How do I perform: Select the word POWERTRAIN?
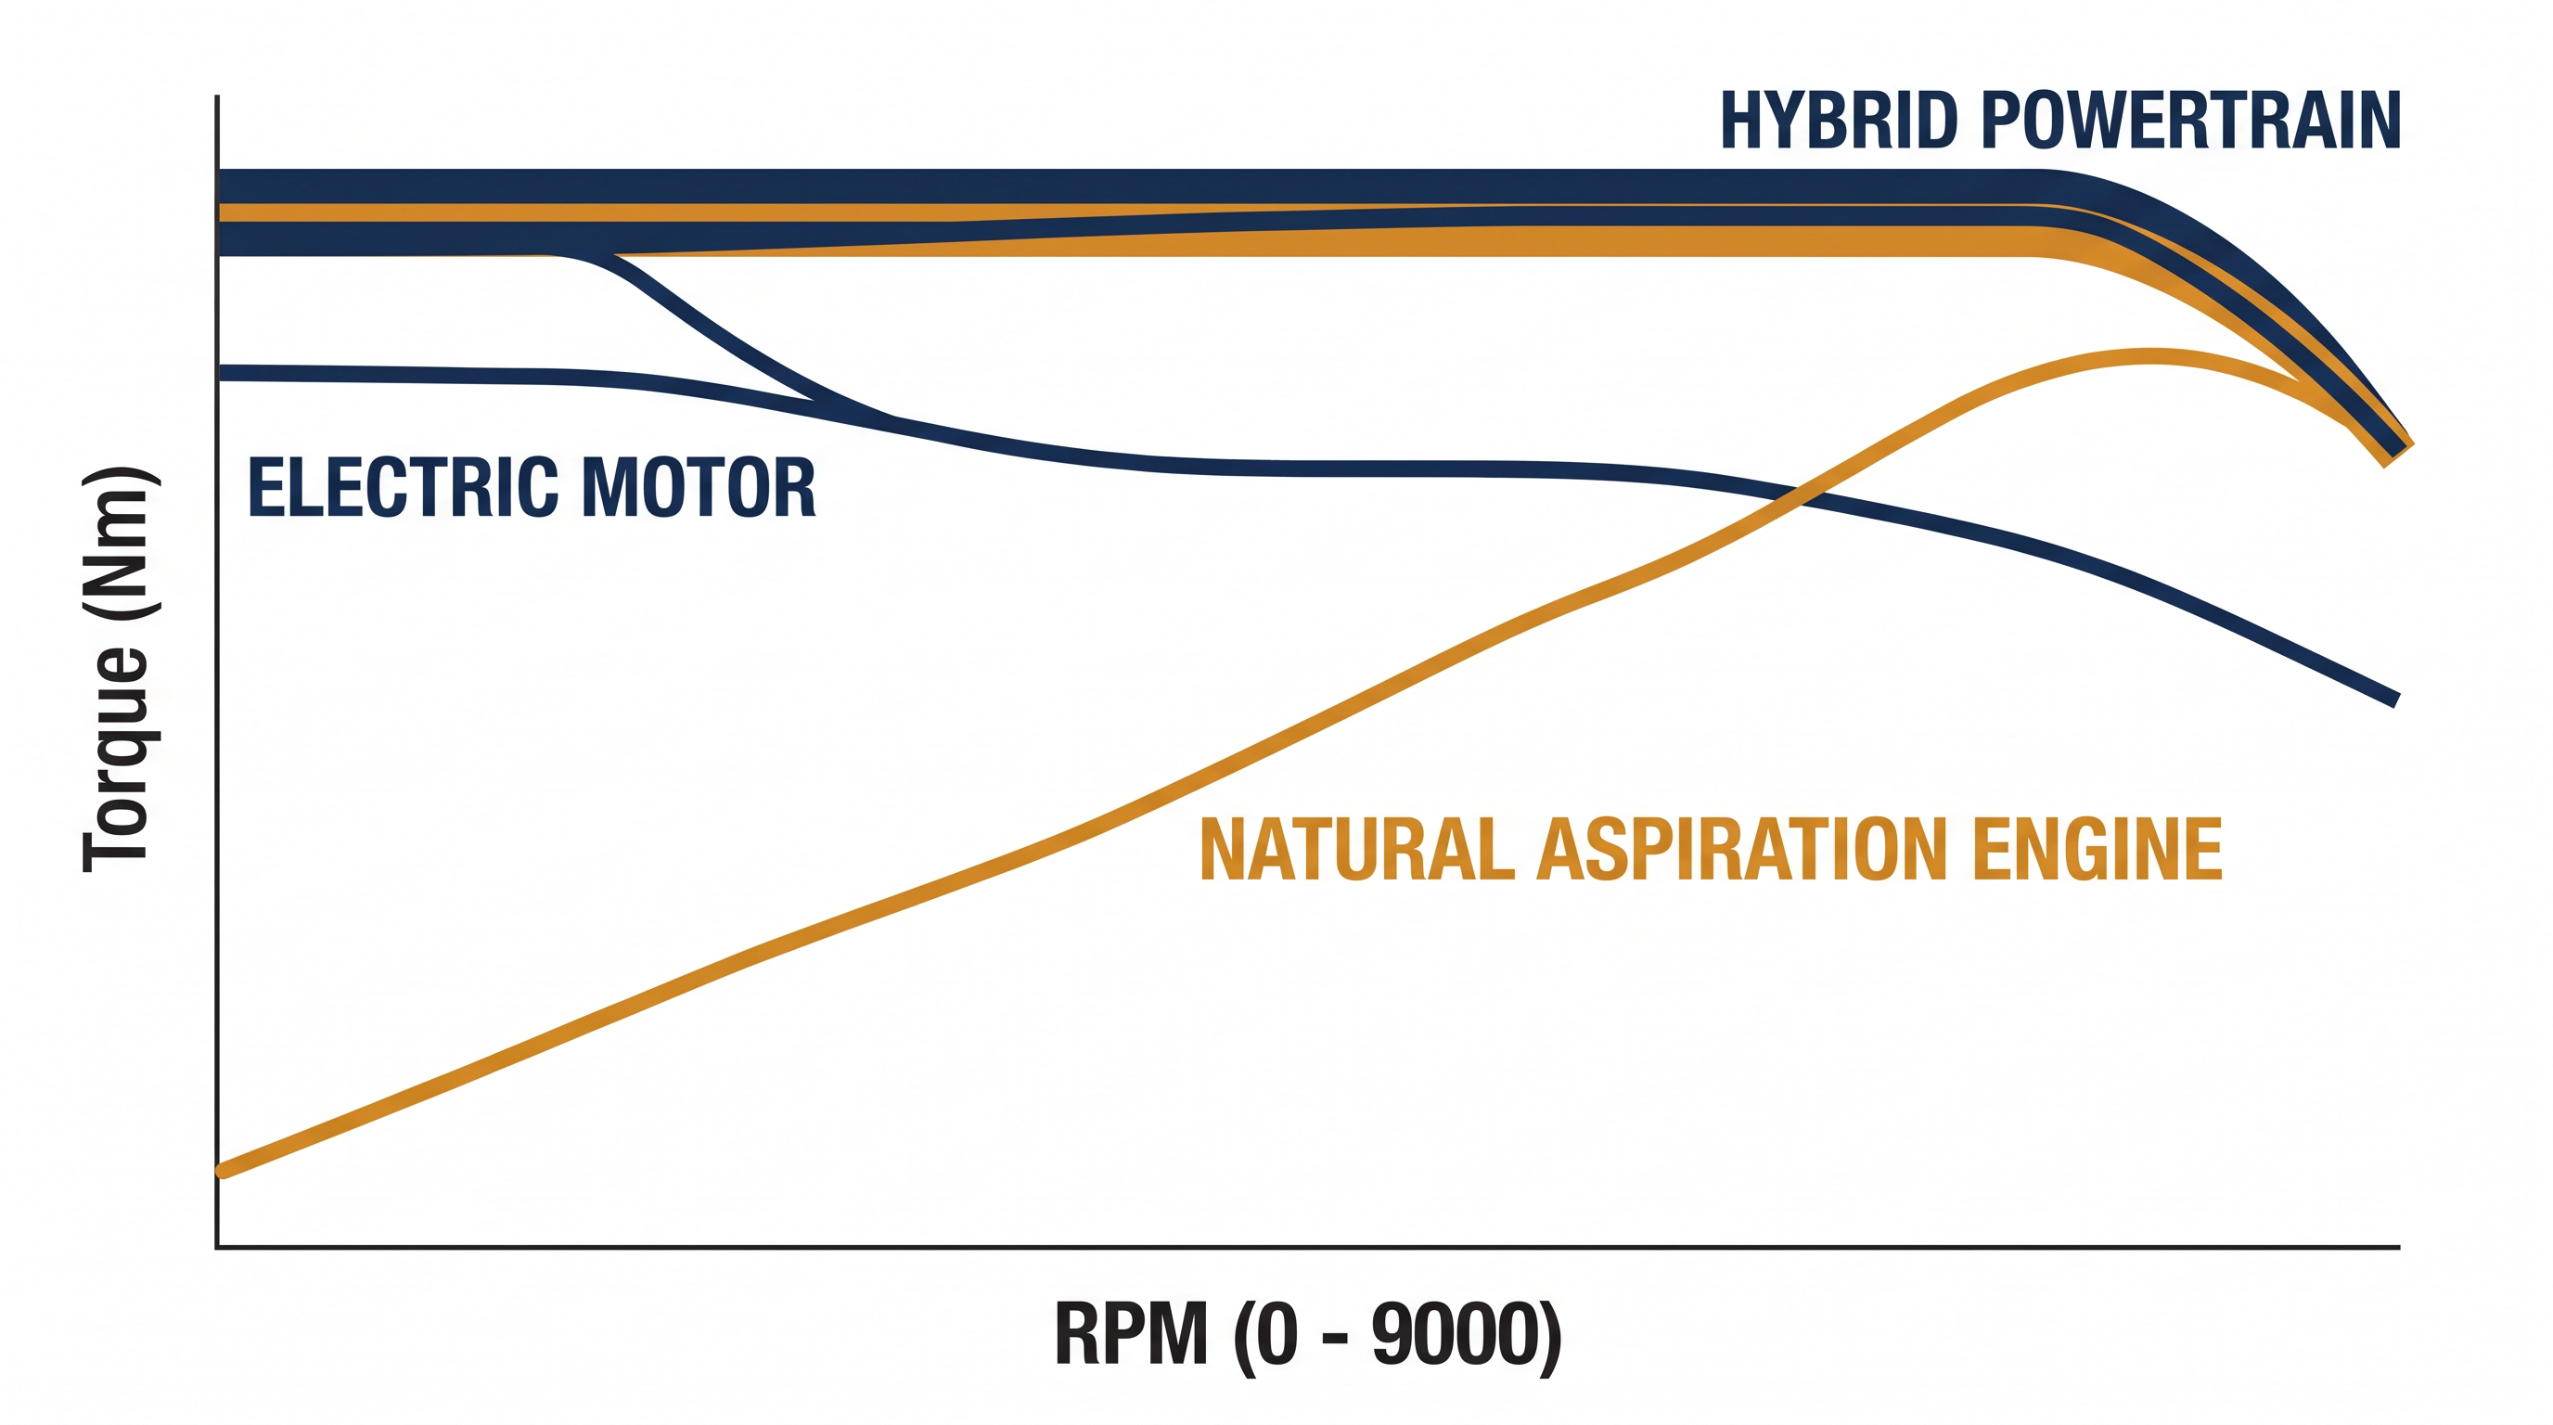click(2190, 121)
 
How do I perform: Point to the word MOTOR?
click(699, 488)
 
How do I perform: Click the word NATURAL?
click(1357, 849)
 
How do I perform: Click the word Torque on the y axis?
click(117, 759)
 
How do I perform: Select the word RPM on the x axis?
click(1131, 1334)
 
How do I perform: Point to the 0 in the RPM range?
click(1276, 1334)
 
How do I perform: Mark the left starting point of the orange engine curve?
click(222, 1172)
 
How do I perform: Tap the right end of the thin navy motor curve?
click(2396, 700)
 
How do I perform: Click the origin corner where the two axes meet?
click(217, 1248)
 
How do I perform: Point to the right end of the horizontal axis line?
click(2398, 1248)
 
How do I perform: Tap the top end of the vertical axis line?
click(217, 97)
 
